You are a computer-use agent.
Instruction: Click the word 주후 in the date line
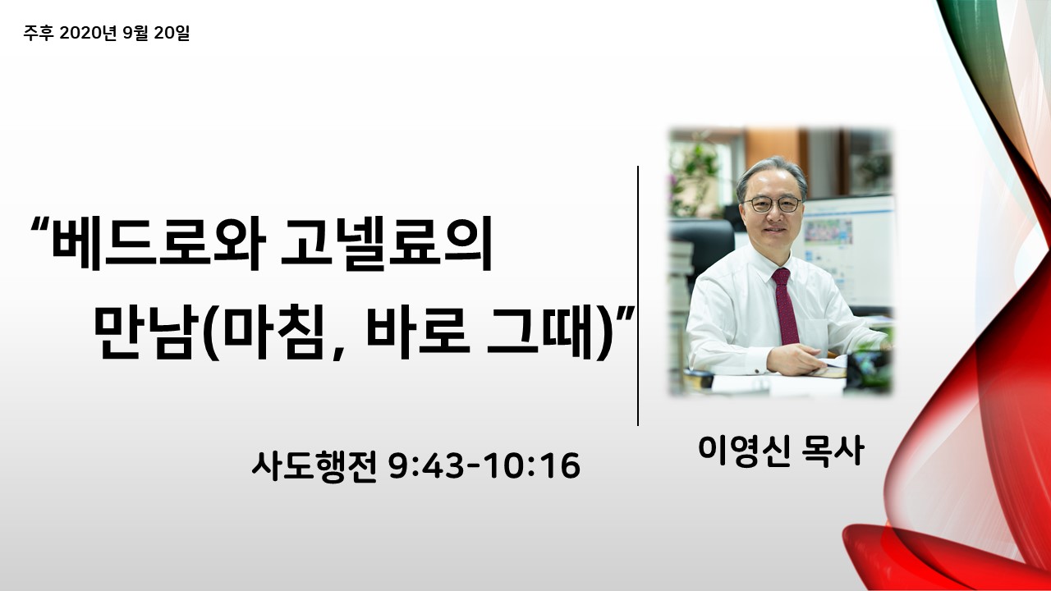[x=39, y=33]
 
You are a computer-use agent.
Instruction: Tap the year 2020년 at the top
[x=88, y=33]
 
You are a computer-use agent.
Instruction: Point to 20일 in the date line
[x=172, y=33]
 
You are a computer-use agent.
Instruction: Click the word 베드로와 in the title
[x=158, y=243]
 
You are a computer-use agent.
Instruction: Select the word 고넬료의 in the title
[x=386, y=243]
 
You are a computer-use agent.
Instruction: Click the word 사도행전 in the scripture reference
[x=314, y=466]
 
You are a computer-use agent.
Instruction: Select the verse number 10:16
[x=533, y=466]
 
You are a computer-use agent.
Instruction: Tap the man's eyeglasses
[x=772, y=204]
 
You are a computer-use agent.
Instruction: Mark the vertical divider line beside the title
[x=638, y=296]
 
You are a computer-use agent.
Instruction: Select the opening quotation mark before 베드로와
[x=40, y=223]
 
